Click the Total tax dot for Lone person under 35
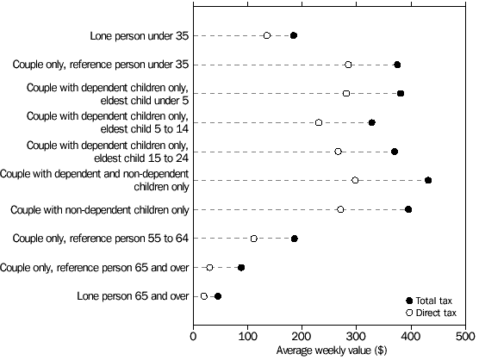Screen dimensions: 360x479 click(x=294, y=35)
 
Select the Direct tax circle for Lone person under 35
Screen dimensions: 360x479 click(x=267, y=35)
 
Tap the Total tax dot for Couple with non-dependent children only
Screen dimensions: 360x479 click(x=408, y=209)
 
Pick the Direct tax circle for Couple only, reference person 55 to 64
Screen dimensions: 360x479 click(x=254, y=239)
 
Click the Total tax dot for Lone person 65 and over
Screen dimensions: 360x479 click(x=218, y=296)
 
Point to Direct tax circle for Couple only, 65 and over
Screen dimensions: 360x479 click(x=209, y=268)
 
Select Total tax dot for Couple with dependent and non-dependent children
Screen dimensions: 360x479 click(x=428, y=180)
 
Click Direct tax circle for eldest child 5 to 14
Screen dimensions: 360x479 click(x=319, y=122)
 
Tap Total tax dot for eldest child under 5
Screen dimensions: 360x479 click(x=401, y=93)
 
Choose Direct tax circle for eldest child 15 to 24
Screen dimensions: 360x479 click(x=338, y=152)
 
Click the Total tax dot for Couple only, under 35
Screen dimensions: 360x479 click(x=397, y=65)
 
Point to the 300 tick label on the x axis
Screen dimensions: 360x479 click(x=357, y=334)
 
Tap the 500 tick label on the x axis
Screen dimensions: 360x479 click(x=465, y=334)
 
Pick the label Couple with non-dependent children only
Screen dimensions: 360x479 click(x=99, y=209)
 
